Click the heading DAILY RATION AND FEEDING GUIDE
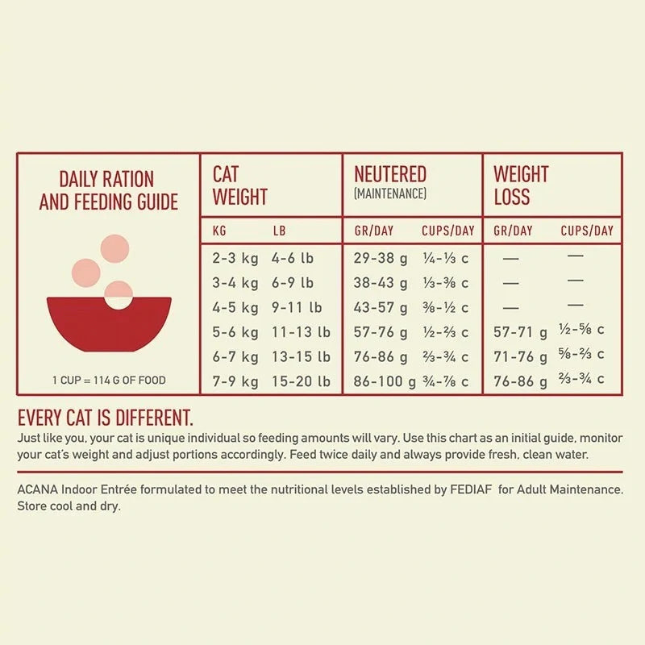point(108,190)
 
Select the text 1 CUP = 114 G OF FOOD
point(109,381)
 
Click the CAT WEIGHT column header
point(239,185)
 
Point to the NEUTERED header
point(390,174)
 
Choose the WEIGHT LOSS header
point(521,185)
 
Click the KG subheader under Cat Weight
point(219,231)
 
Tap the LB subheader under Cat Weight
point(279,231)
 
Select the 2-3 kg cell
point(235,259)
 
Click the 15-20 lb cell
point(301,381)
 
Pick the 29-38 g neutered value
point(382,259)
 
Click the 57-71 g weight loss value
point(521,332)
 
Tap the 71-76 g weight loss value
point(521,356)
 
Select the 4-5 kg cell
point(235,307)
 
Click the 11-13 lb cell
point(301,331)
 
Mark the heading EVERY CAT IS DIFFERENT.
point(106,418)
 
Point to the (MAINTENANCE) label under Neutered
point(390,194)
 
